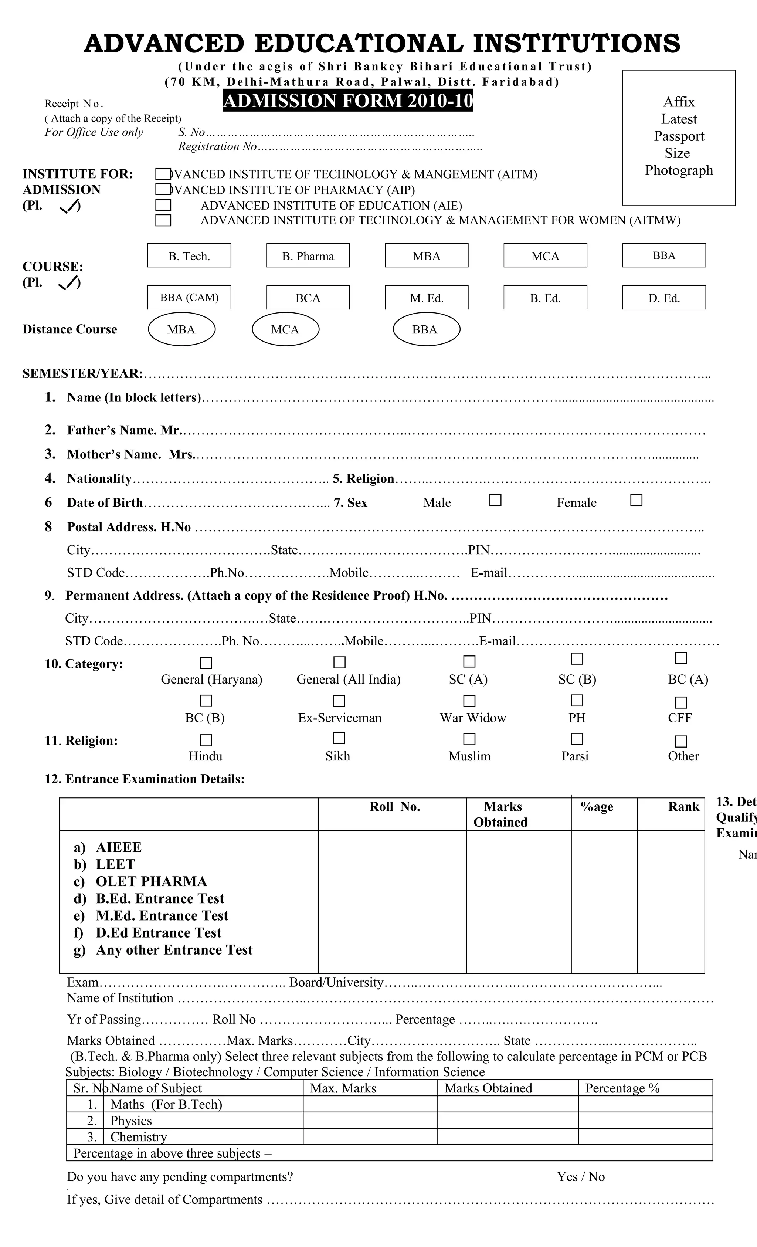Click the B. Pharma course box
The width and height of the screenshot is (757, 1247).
click(308, 255)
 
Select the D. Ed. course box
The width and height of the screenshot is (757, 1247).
click(664, 298)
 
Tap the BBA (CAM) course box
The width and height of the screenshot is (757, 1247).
click(189, 298)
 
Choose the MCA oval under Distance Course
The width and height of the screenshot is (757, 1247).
click(285, 329)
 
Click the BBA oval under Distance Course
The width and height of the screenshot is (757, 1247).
click(426, 329)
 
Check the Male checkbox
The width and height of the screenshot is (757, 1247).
click(495, 500)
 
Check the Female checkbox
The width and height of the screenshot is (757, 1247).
click(636, 500)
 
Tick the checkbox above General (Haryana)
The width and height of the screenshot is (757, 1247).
click(206, 663)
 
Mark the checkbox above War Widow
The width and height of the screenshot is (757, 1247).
click(469, 701)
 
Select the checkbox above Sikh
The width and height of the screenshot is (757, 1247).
click(339, 738)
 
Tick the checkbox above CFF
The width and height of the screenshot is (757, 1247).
click(681, 702)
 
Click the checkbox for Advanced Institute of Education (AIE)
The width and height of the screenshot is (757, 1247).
click(163, 205)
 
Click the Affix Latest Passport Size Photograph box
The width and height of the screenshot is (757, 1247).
click(679, 138)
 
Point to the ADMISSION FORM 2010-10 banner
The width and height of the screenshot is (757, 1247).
click(347, 101)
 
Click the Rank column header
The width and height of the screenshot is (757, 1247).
click(683, 807)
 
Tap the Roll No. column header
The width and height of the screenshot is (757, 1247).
click(395, 807)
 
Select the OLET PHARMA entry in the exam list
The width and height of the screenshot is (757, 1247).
click(151, 882)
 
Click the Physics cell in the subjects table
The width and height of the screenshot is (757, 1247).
click(131, 1121)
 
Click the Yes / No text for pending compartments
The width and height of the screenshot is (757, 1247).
click(580, 1177)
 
